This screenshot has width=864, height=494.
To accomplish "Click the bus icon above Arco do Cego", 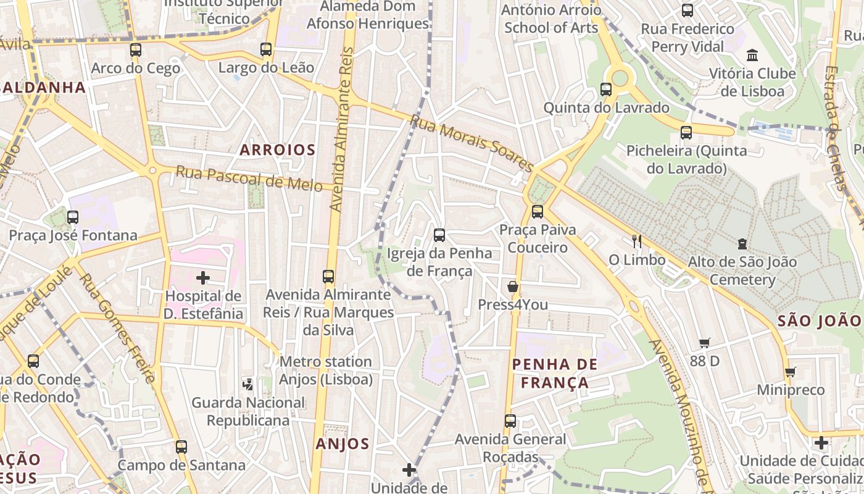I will click(136, 50).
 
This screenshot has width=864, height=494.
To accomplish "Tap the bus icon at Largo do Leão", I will click(266, 49).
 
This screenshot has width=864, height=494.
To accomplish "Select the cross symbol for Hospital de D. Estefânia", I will click(203, 278).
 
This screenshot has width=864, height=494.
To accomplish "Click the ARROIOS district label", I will click(278, 150).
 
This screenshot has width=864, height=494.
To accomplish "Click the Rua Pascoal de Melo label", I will click(249, 178).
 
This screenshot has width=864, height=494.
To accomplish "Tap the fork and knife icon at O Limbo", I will click(637, 241).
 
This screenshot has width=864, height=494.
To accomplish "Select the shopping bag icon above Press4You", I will click(512, 287).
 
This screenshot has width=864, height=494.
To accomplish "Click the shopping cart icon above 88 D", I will click(705, 343).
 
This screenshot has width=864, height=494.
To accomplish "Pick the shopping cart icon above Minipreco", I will click(791, 372).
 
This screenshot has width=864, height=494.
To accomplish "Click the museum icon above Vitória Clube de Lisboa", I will click(752, 56).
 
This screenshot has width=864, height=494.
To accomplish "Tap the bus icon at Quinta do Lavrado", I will click(606, 90).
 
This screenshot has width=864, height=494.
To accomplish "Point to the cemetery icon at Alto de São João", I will click(742, 244).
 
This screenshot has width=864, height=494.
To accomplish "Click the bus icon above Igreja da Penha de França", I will click(439, 235).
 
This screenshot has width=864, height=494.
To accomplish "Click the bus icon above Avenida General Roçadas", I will click(510, 421).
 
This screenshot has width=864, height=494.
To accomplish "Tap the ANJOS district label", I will click(343, 444).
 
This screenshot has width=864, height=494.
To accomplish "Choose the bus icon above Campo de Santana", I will click(181, 446).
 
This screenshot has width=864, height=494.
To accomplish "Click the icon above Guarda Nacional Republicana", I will click(247, 384).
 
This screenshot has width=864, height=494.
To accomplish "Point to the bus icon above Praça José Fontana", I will click(73, 217).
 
